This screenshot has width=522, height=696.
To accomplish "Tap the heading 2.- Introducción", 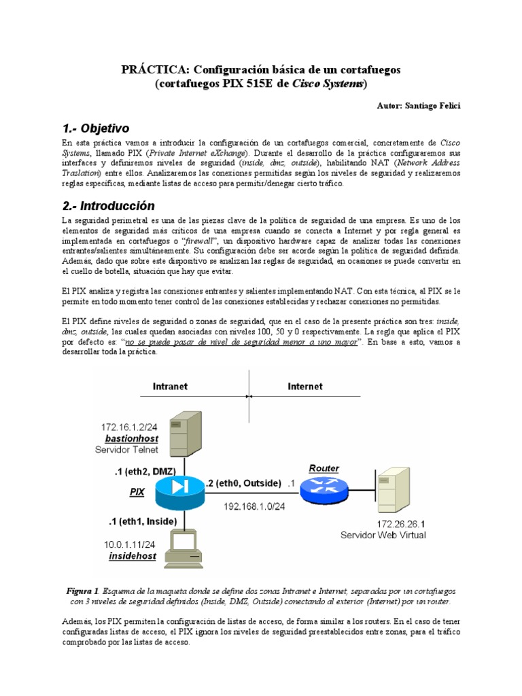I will [x=108, y=205].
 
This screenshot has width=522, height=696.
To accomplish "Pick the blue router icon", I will [x=324, y=489].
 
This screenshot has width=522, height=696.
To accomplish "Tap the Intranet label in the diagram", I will [x=171, y=386].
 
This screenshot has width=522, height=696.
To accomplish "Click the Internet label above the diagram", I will [x=305, y=386].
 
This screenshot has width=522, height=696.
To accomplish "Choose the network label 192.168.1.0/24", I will [x=254, y=505].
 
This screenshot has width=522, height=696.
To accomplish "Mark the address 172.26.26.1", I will [x=401, y=524].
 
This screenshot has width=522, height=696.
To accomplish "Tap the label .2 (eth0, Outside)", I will [x=243, y=483].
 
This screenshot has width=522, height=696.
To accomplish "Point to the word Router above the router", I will [x=324, y=468].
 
